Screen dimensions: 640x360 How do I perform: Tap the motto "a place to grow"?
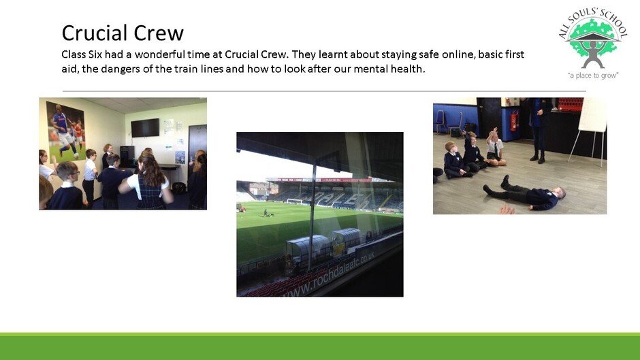[x=593, y=76]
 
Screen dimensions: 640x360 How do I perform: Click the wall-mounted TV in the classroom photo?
[x=145, y=128]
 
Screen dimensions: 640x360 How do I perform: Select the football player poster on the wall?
[x=66, y=131]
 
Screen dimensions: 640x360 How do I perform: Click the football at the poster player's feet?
[x=76, y=156]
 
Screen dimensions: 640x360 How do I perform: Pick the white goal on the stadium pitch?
[x=294, y=201]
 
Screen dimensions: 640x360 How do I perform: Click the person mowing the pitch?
[x=266, y=212]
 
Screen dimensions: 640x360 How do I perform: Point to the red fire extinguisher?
[x=513, y=121]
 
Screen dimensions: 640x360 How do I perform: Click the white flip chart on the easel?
[x=592, y=115]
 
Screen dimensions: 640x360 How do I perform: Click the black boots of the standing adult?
[x=538, y=158]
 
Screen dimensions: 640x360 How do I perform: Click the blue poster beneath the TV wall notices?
[x=180, y=157]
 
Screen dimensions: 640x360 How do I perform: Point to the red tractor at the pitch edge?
[x=241, y=208]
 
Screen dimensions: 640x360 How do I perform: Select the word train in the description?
[x=186, y=69]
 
